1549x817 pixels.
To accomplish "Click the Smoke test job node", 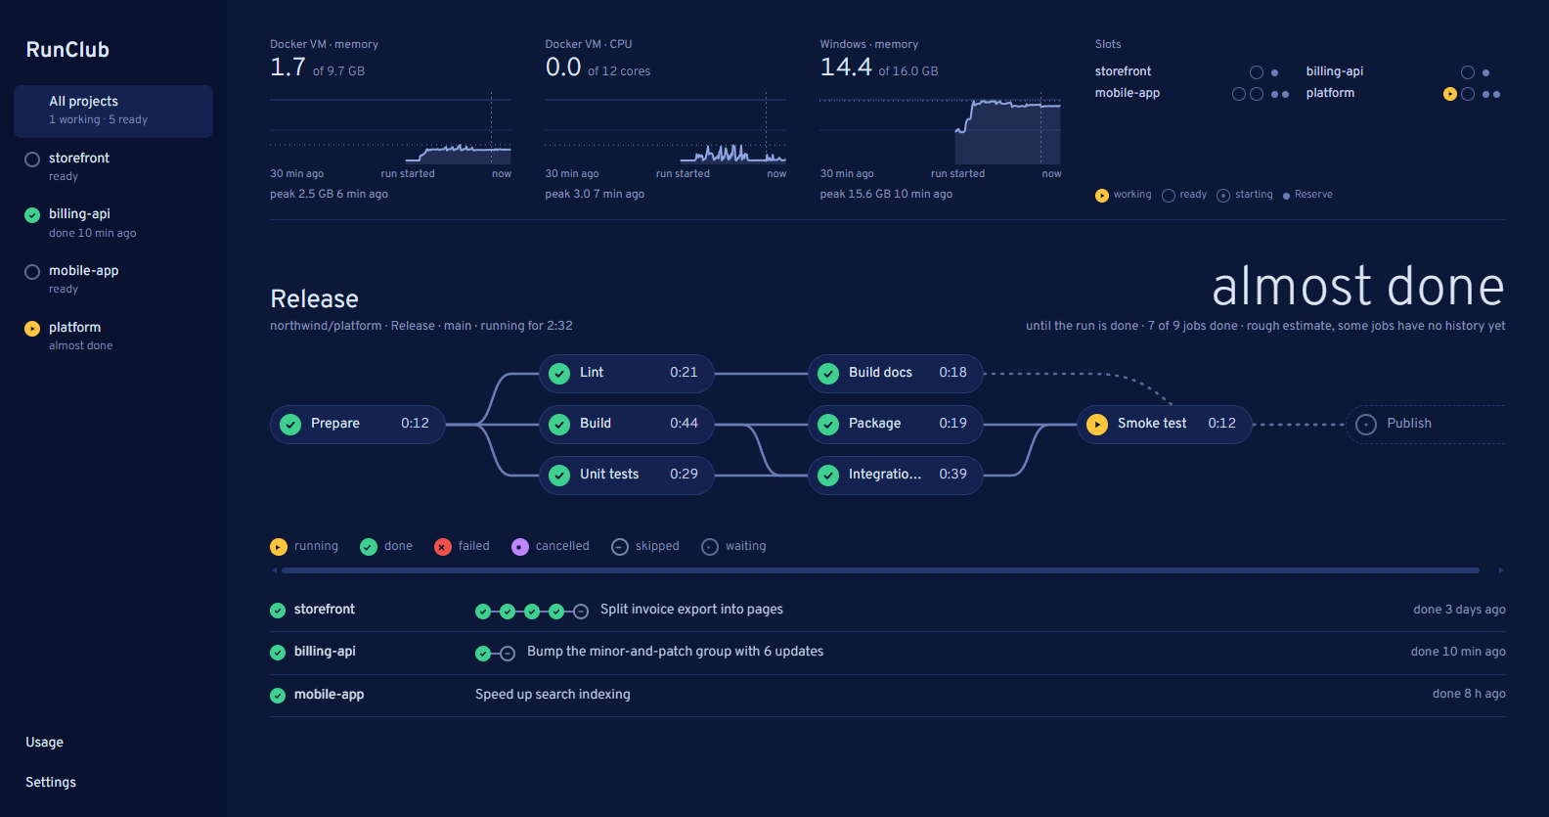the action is point(1165,424).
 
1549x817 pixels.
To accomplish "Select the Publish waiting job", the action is point(1426,424).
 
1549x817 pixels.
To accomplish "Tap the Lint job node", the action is point(627,373).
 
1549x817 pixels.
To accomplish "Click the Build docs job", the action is point(896,373).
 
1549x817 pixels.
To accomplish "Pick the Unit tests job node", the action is point(627,475).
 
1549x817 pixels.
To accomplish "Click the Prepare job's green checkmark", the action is point(290,424).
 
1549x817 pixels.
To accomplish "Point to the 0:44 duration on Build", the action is point(684,424).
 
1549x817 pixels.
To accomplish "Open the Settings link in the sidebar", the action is point(51,783).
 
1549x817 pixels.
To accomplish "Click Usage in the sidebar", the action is point(44,743).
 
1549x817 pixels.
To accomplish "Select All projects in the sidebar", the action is point(113,111).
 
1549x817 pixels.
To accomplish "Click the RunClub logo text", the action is point(67,50).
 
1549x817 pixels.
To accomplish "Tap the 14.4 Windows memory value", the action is point(846,68).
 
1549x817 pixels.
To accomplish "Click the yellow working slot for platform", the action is point(1449,94).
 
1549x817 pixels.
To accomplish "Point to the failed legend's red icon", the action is point(443,547).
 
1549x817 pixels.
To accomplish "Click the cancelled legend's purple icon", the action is point(520,547).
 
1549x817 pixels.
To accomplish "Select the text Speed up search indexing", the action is point(553,695).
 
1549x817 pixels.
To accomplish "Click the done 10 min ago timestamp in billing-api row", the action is point(1458,652).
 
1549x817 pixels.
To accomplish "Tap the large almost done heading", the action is point(1358,287).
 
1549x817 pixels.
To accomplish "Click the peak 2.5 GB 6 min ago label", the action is point(329,195).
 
